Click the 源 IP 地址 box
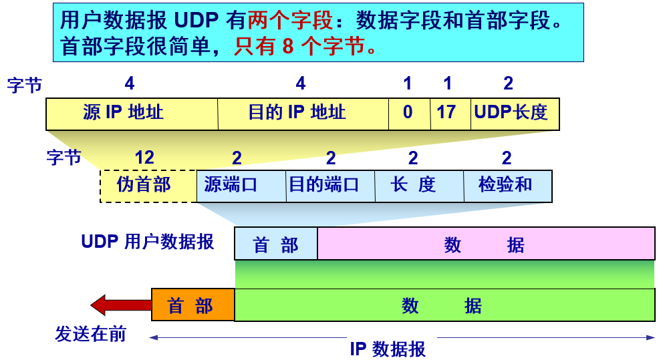coord(132,114)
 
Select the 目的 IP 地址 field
coord(303,114)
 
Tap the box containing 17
coord(451,114)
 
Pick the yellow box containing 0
coord(410,114)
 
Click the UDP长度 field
coord(515,114)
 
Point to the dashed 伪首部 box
coord(148,186)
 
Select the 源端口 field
coord(241,186)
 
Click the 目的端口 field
coord(331,186)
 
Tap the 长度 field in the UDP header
coord(420,186)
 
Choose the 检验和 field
coord(508,186)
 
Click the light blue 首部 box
coord(276,243)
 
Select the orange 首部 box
coord(193,305)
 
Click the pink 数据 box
coord(487,243)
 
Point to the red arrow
coord(121,305)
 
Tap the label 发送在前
coord(91,334)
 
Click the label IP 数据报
coord(388,349)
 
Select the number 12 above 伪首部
coord(144,158)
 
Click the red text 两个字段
coord(291,20)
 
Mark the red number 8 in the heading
coord(288,46)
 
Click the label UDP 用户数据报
coord(148,242)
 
